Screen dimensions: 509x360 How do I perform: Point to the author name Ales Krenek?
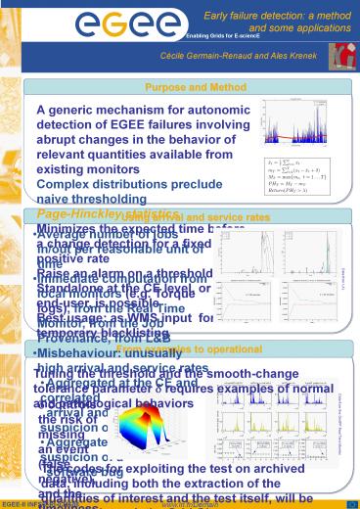click(301, 58)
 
